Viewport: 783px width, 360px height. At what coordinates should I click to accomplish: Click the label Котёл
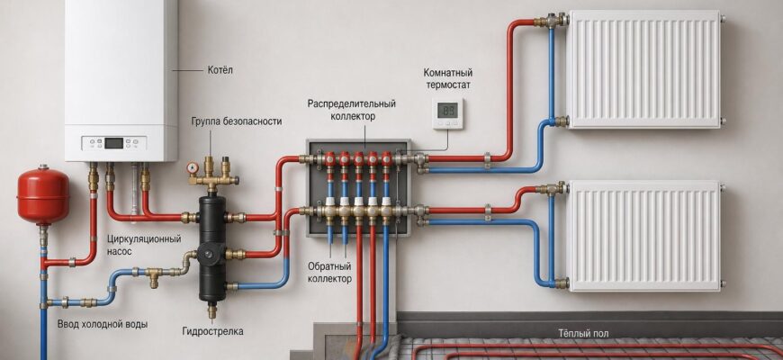[x=220, y=70]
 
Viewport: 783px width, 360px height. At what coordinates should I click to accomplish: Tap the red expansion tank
[x=43, y=195]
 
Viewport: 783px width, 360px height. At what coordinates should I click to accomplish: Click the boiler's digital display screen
[x=113, y=143]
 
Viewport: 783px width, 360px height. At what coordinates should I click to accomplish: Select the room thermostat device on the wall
[x=447, y=113]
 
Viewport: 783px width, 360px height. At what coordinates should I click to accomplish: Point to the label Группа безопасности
[x=236, y=121]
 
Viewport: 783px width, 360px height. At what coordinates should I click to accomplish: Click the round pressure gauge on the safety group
[x=193, y=167]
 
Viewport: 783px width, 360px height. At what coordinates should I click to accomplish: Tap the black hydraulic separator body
[x=211, y=248]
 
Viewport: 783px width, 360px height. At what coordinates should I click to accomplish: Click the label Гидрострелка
[x=212, y=331]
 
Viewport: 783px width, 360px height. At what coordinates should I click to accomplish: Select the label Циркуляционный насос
[x=144, y=245]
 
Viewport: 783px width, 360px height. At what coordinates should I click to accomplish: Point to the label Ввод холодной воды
[x=103, y=324]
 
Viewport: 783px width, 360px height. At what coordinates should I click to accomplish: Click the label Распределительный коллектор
[x=352, y=110]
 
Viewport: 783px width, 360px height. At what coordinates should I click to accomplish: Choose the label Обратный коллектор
[x=329, y=272]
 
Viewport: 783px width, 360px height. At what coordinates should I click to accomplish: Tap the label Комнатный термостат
[x=447, y=79]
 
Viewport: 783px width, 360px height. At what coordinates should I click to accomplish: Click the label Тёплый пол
[x=583, y=333]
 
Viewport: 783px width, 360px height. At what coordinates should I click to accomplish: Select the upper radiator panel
[x=645, y=69]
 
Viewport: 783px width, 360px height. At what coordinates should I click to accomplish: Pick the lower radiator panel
[x=645, y=236]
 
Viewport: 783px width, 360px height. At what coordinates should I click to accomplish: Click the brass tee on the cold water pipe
[x=153, y=275]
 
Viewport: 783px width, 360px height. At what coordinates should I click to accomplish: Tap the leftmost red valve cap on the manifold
[x=330, y=158]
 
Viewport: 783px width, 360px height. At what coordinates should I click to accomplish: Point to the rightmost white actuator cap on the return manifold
[x=386, y=202]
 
